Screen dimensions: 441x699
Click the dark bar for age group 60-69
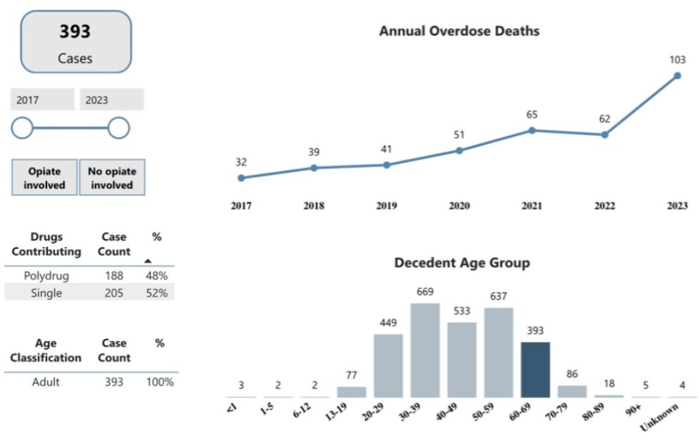[535, 370]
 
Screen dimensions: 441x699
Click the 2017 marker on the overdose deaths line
[241, 178]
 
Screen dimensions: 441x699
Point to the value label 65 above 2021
[532, 114]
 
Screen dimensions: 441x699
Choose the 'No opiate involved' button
[111, 178]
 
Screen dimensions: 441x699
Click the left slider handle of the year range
[22, 128]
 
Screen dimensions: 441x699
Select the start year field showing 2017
[42, 100]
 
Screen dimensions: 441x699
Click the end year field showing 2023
[111, 100]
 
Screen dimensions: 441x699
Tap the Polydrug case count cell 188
[113, 275]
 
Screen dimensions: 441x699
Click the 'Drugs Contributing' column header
[46, 244]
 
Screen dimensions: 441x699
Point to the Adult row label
[46, 382]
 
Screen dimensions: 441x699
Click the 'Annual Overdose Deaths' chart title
[459, 31]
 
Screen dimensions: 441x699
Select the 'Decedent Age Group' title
[461, 263]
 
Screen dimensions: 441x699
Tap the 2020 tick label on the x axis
[459, 206]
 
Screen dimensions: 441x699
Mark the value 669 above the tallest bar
[425, 292]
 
